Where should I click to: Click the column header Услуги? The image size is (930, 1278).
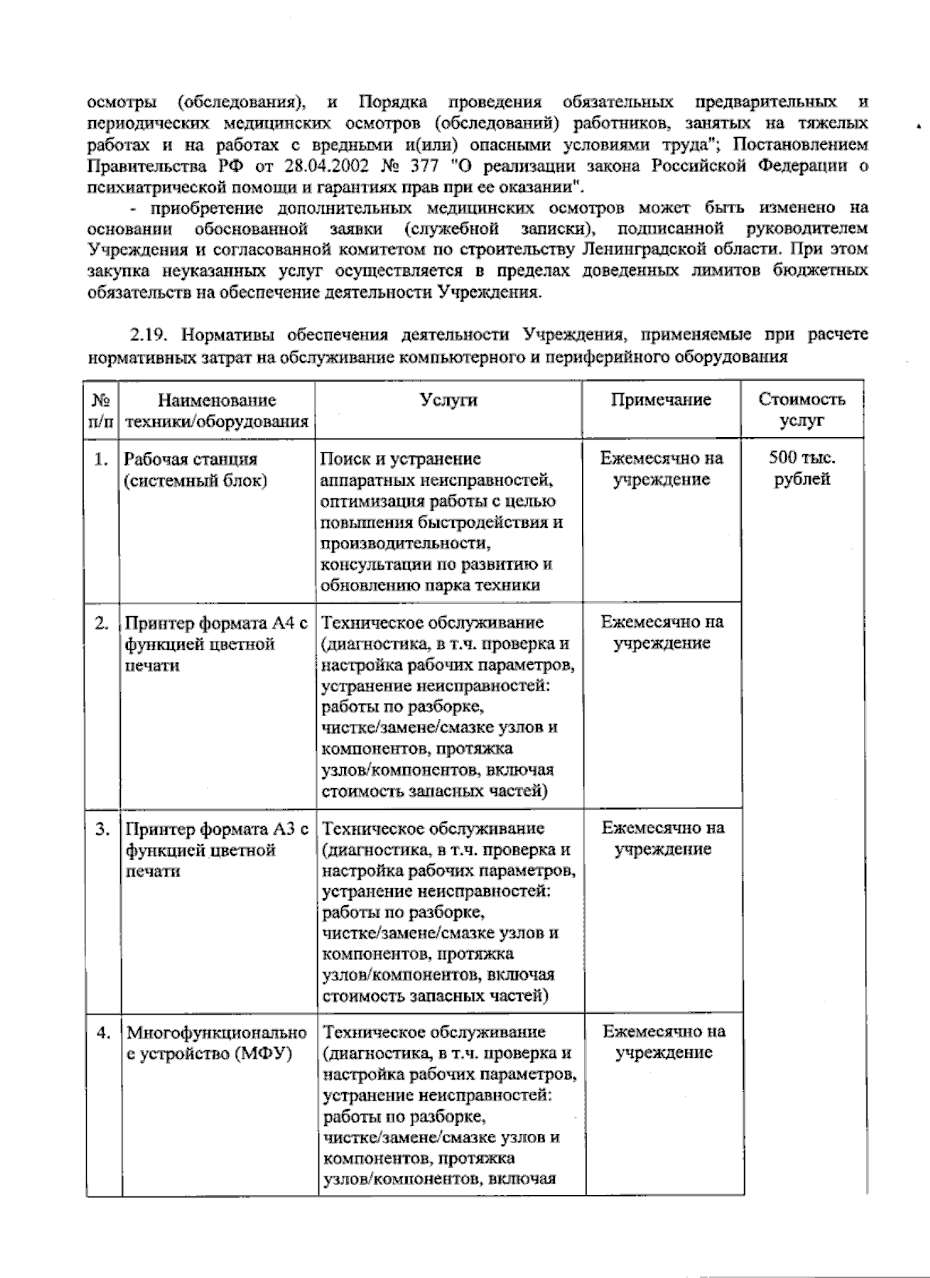point(449,400)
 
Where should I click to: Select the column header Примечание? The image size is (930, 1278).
point(661,400)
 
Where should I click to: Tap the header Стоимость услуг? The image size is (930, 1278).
point(801,410)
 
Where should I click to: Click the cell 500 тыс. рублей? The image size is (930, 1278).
point(802,468)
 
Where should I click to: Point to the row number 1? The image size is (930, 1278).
point(100,460)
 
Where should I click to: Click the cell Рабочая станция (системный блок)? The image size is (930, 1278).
point(196,470)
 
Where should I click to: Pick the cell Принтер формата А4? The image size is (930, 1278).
point(216,644)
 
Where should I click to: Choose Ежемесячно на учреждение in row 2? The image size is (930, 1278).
point(662,632)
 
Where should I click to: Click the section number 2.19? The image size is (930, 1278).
point(153,336)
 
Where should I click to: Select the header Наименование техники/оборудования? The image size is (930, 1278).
point(217,411)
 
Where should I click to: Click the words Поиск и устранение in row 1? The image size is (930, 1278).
point(400,459)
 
